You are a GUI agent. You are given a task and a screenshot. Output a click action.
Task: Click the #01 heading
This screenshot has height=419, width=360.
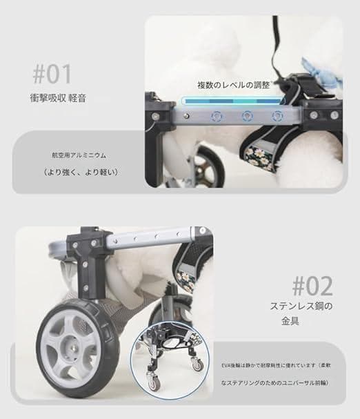(52, 73)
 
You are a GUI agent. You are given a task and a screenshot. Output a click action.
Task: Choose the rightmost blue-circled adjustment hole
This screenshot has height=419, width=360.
(277, 116)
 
